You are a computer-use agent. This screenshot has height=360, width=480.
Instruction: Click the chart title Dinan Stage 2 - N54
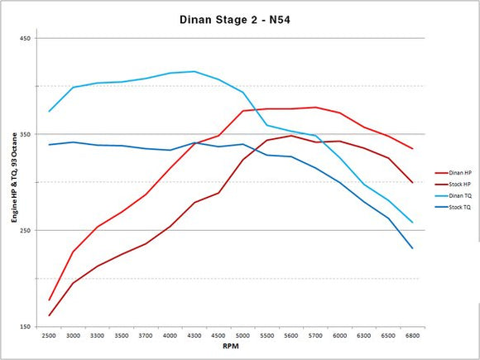pyautogui.click(x=233, y=17)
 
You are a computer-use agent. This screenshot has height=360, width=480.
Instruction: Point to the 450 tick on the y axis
pyautogui.click(x=25, y=38)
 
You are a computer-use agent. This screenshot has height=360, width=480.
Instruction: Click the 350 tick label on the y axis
pyautogui.click(x=25, y=134)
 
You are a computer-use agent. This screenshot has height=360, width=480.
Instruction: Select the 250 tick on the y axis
pyautogui.click(x=25, y=230)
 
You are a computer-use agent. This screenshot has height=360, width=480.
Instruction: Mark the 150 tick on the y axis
pyautogui.click(x=25, y=326)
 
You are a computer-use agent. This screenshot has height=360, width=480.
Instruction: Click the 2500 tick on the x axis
pyautogui.click(x=50, y=336)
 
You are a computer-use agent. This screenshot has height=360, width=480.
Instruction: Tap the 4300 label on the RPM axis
pyautogui.click(x=194, y=336)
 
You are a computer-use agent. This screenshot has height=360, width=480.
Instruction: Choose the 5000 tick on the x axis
pyautogui.click(x=242, y=336)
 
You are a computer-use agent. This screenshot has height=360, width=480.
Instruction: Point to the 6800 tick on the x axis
pyautogui.click(x=412, y=336)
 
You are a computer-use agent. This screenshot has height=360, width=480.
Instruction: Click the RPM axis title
pyautogui.click(x=231, y=348)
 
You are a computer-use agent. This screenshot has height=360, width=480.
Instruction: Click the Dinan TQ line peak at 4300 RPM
pyautogui.click(x=194, y=71)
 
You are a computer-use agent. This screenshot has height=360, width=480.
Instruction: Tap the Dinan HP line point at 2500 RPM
pyautogui.click(x=50, y=300)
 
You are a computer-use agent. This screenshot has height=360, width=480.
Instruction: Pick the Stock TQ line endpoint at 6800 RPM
pyautogui.click(x=412, y=248)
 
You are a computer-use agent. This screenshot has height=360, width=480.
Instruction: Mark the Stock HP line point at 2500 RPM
pyautogui.click(x=50, y=315)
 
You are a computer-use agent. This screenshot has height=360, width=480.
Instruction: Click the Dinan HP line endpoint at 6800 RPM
pyautogui.click(x=412, y=149)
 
